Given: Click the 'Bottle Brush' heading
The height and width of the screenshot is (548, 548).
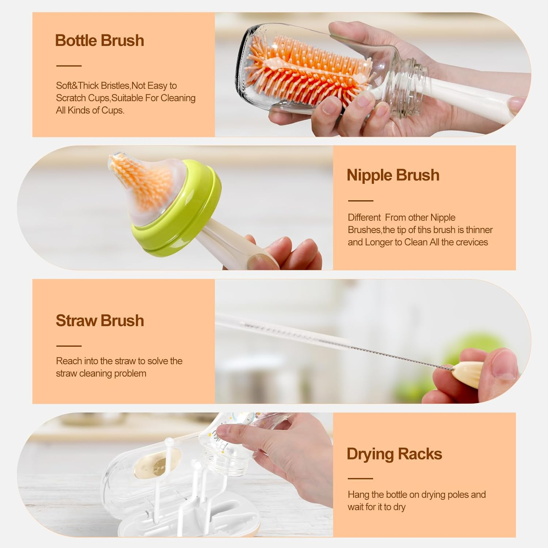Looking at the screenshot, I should point(99,41).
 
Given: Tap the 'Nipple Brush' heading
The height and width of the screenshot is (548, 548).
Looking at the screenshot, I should point(393,175).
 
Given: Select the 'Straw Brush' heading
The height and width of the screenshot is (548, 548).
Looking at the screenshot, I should point(100,320).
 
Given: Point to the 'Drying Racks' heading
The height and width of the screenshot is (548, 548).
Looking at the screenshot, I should point(394,454).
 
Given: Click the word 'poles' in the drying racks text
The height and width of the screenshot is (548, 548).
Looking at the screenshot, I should point(456,495).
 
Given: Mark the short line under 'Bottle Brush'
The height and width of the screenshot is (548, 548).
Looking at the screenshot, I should point(69,66).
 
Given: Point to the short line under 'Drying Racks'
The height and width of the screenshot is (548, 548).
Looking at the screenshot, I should point(360,478).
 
